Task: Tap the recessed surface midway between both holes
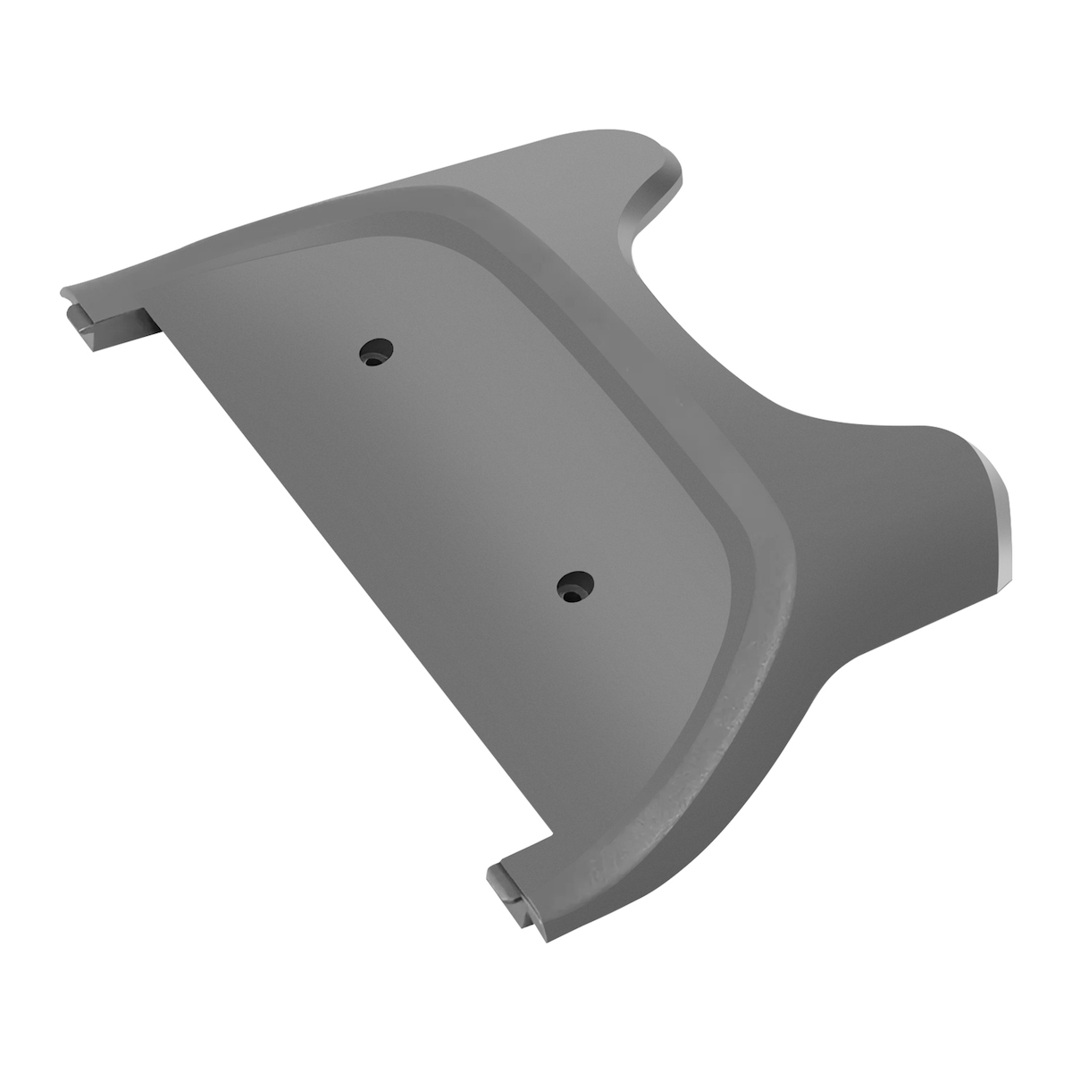pyautogui.click(x=473, y=469)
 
